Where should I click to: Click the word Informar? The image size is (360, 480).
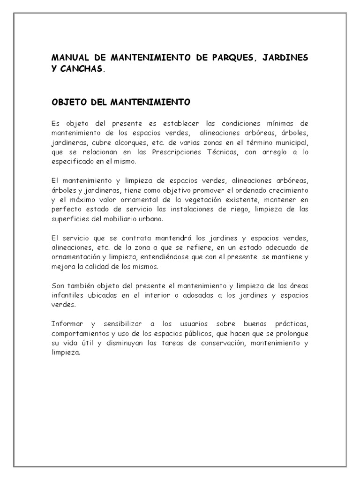click(x=67, y=324)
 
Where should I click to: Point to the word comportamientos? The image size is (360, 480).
click(x=80, y=333)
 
